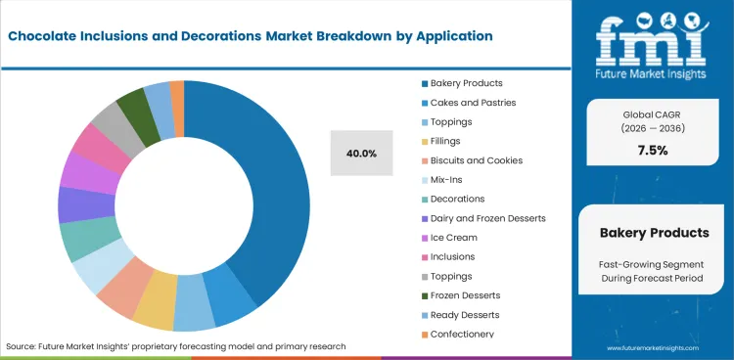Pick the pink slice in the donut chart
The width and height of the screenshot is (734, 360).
(x=90, y=145)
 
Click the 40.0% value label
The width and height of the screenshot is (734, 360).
(x=361, y=153)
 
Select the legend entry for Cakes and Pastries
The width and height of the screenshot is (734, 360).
(x=467, y=102)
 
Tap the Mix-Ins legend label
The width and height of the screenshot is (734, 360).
(x=448, y=179)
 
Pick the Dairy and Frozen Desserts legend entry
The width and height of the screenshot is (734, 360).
(x=482, y=218)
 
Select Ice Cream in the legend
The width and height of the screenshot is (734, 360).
(x=453, y=237)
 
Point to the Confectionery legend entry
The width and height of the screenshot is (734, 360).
(x=461, y=334)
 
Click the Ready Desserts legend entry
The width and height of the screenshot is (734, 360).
(x=465, y=314)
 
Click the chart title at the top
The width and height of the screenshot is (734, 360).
(x=251, y=36)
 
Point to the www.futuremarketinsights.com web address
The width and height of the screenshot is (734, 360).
(x=663, y=347)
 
